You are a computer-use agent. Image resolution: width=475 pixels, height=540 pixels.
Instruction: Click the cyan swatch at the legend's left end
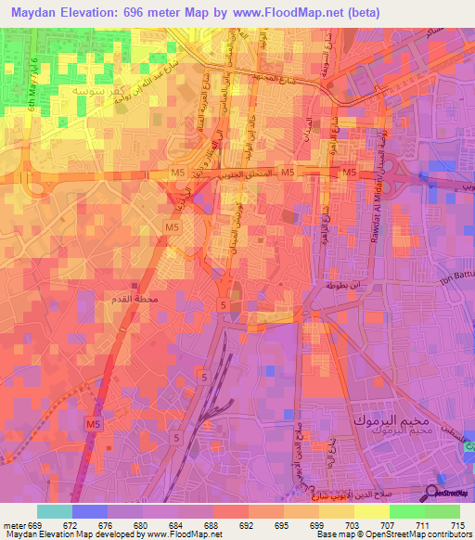pyautogui.click(x=54, y=511)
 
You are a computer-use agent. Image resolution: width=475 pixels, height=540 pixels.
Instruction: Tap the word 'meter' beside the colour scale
pyautogui.click(x=18, y=524)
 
